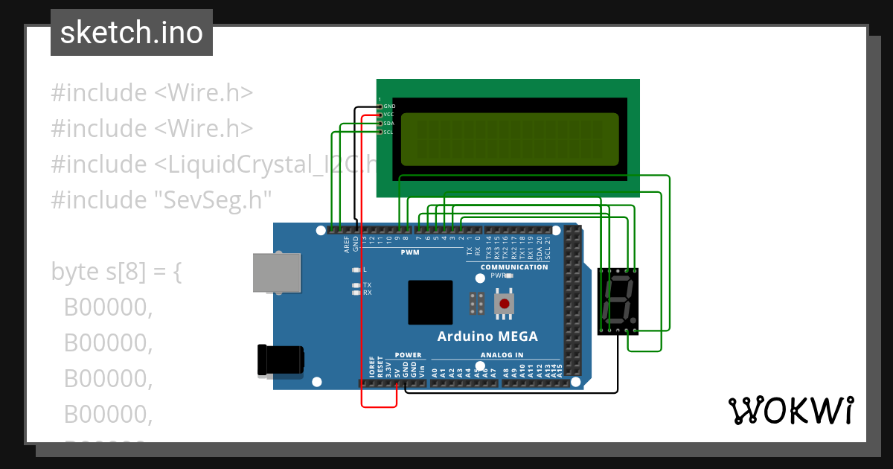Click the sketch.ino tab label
[132, 33]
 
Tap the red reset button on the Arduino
[505, 303]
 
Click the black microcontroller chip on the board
[430, 302]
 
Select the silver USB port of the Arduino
[278, 272]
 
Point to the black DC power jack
[280, 360]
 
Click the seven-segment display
[618, 301]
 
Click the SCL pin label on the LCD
[388, 133]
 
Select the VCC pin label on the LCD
[388, 115]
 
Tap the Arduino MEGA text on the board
[487, 336]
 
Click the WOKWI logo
[790, 411]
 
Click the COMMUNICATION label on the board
[514, 267]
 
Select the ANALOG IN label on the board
[502, 355]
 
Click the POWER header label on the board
[408, 355]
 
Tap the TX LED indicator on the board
[357, 285]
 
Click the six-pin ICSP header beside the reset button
[477, 303]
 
